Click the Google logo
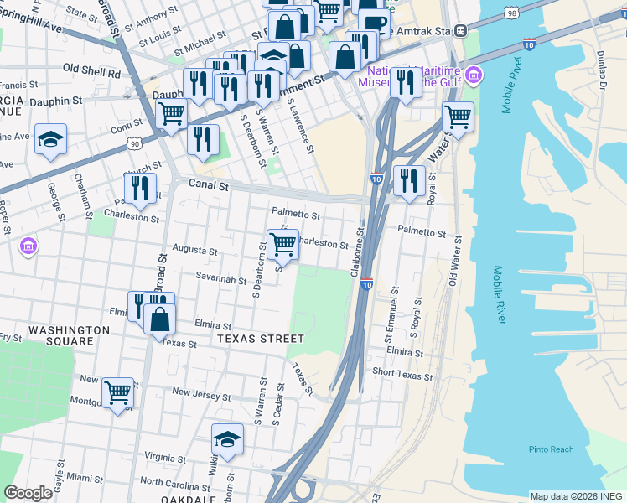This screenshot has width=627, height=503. (28, 493)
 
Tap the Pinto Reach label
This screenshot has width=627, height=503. (552, 449)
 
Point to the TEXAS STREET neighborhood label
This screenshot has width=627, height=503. (260, 339)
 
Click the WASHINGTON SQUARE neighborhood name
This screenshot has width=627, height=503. (69, 335)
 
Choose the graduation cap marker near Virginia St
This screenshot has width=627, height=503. (226, 439)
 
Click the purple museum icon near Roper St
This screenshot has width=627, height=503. (28, 246)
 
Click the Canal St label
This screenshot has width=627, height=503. (209, 186)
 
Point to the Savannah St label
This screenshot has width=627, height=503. (221, 280)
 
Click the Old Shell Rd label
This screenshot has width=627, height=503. (91, 72)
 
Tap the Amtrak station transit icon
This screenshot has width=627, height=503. (460, 30)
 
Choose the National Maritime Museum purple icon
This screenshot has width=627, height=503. (474, 76)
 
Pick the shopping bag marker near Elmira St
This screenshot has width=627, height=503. (159, 319)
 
